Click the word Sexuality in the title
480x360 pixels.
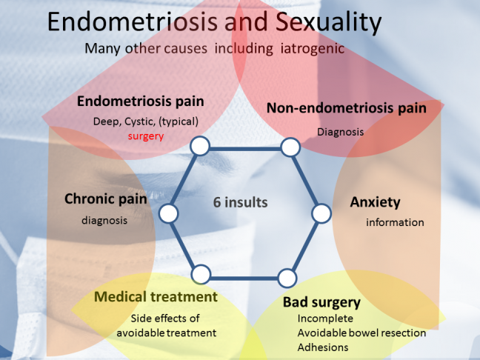pyautogui.click(x=328, y=22)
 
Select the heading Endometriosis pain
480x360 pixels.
pyautogui.click(x=141, y=101)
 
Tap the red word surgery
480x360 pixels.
pyautogui.click(x=146, y=136)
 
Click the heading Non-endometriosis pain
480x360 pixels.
pyautogui.click(x=347, y=108)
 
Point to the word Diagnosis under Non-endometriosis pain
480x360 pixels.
pyautogui.click(x=341, y=132)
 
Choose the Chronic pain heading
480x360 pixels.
pyautogui.click(x=106, y=199)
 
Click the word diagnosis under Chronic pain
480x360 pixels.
pyautogui.click(x=104, y=221)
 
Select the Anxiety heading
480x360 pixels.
pyautogui.click(x=375, y=202)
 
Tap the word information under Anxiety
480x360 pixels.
pyautogui.click(x=395, y=222)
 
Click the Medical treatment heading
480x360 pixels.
pyautogui.click(x=156, y=296)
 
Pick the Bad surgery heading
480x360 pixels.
pyautogui.click(x=321, y=302)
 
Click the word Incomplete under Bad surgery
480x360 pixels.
pyautogui.click(x=325, y=319)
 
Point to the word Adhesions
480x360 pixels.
pyautogui.click(x=323, y=347)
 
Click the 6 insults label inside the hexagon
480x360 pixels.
pyautogui.click(x=240, y=202)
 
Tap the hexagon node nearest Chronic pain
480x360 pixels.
pyautogui.click(x=168, y=213)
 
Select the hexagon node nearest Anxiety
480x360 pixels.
pyautogui.click(x=321, y=213)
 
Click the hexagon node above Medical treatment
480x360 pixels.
pyautogui.click(x=201, y=274)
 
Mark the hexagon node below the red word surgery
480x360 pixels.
pyautogui.click(x=200, y=146)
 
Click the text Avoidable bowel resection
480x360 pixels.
pyautogui.click(x=361, y=333)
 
